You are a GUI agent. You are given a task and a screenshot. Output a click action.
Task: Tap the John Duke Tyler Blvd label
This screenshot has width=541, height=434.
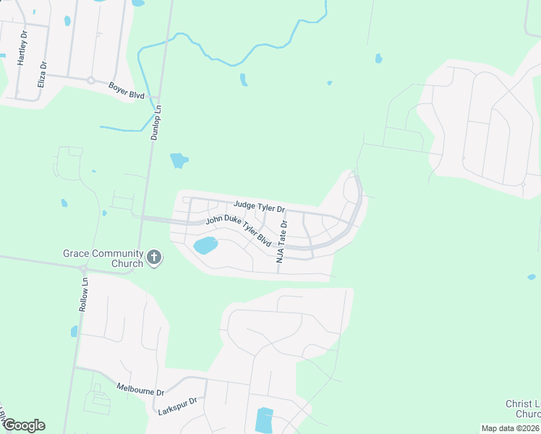[x=238, y=231]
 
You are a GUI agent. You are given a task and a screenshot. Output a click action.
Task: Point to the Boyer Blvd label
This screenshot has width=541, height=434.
[x=127, y=90]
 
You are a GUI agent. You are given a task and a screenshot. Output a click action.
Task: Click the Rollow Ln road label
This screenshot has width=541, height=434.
[x=84, y=295]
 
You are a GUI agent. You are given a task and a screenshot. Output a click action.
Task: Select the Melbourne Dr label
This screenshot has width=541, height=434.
[x=140, y=389]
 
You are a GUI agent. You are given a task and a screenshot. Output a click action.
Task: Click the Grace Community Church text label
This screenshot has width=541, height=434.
[x=102, y=258]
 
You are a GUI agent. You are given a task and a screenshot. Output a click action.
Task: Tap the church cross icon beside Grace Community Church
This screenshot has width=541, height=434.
[x=153, y=258]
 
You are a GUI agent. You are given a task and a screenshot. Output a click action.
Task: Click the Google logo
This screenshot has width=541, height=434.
[x=23, y=425]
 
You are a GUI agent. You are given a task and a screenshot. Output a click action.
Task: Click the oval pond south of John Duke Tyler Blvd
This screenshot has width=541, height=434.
[x=205, y=245]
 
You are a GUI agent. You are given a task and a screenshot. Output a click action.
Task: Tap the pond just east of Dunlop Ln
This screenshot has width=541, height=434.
[x=178, y=160]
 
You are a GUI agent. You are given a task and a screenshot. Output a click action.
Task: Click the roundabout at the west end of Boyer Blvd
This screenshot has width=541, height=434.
[x=91, y=80]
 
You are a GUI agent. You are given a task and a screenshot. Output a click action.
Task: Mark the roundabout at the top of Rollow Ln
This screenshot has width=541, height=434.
[x=82, y=268]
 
